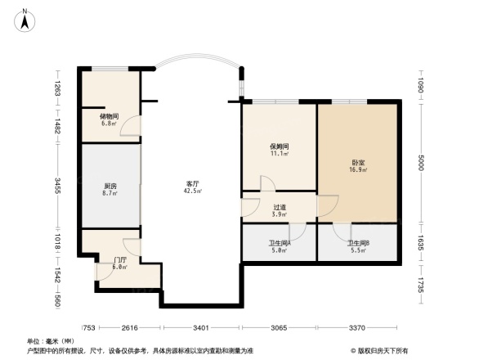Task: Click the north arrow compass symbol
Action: point(25,19)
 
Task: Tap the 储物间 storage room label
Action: point(110,116)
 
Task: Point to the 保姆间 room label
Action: point(280,146)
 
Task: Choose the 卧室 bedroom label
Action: point(358,162)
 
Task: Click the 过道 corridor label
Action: point(279,207)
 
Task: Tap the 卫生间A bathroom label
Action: point(280,243)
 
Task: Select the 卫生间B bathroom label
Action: point(358,243)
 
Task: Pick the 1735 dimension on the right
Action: point(420,286)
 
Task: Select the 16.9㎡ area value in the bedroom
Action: point(358,169)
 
